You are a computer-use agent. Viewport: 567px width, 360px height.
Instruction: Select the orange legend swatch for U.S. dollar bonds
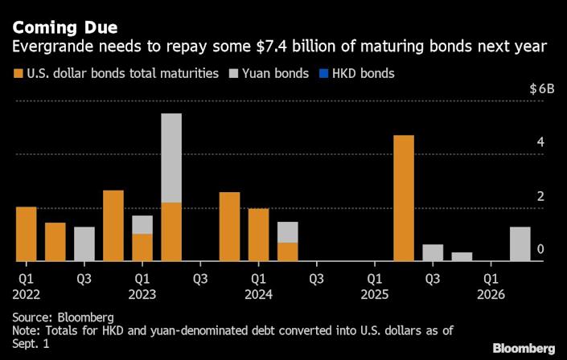coord(18,74)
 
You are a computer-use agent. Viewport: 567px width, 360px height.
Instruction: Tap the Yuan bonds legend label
coord(281,74)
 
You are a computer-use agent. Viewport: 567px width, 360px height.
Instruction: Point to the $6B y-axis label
coord(541,89)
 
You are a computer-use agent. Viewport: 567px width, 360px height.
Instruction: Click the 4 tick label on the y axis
coord(540,143)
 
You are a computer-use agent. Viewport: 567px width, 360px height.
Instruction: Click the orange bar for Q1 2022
coord(27,234)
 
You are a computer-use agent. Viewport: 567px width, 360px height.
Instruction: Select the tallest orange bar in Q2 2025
coord(404,198)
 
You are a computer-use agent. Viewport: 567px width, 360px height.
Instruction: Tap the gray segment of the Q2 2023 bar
coord(171,157)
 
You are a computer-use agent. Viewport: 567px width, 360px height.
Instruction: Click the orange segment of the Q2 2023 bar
coord(171,231)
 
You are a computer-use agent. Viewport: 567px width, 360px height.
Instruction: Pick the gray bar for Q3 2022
coord(84,244)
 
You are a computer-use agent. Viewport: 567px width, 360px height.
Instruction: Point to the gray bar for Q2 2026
coord(520,244)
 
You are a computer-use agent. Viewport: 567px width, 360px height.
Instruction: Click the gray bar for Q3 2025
coord(433,252)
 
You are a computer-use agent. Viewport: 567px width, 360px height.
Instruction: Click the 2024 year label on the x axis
coord(258,294)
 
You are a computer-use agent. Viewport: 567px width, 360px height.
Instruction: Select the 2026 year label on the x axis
coord(491,294)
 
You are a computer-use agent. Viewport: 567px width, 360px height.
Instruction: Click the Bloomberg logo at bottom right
coord(524,347)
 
